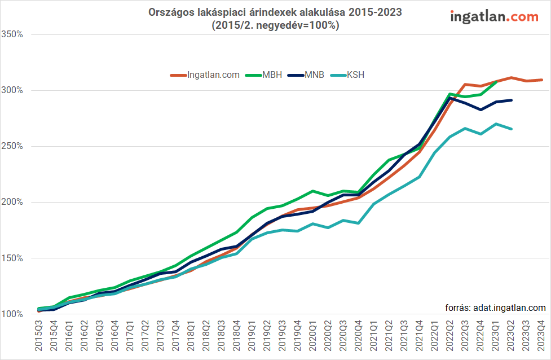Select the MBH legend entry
point(272,75)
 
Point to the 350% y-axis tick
point(12,34)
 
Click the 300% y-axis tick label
point(12,90)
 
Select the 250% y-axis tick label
point(12,146)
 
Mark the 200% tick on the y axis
point(12,202)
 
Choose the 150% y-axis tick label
point(12,258)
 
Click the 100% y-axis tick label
point(12,314)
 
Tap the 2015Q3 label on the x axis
point(39,337)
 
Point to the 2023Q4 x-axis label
point(541,337)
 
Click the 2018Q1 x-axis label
point(191,337)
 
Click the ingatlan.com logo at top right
point(494,16)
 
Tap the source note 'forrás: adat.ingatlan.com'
point(495,308)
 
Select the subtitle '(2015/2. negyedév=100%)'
point(275,25)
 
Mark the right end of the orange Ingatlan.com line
point(541,80)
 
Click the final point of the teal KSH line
point(511,129)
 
